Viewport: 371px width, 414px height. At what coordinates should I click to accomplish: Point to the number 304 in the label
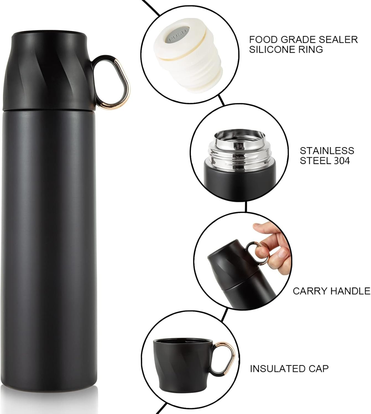tap(341, 161)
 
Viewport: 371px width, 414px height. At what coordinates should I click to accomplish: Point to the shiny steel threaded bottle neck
tap(239, 150)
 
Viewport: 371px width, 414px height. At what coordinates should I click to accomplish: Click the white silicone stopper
tap(188, 58)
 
